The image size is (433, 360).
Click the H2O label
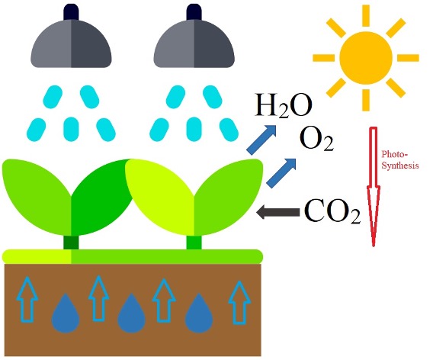[283, 106]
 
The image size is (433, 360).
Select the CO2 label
[332, 211]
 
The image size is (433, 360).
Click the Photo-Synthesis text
[400, 159]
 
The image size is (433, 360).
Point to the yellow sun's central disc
[366, 58]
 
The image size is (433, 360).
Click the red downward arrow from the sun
[374, 187]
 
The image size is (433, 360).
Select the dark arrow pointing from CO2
[278, 212]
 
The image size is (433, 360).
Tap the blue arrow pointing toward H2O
[261, 140]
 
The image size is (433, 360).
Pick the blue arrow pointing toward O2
[281, 173]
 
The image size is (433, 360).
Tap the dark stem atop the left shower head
[71, 12]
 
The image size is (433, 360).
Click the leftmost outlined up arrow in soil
[27, 300]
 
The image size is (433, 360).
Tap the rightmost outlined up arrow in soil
[239, 302]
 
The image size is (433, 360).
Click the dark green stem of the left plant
[71, 243]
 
